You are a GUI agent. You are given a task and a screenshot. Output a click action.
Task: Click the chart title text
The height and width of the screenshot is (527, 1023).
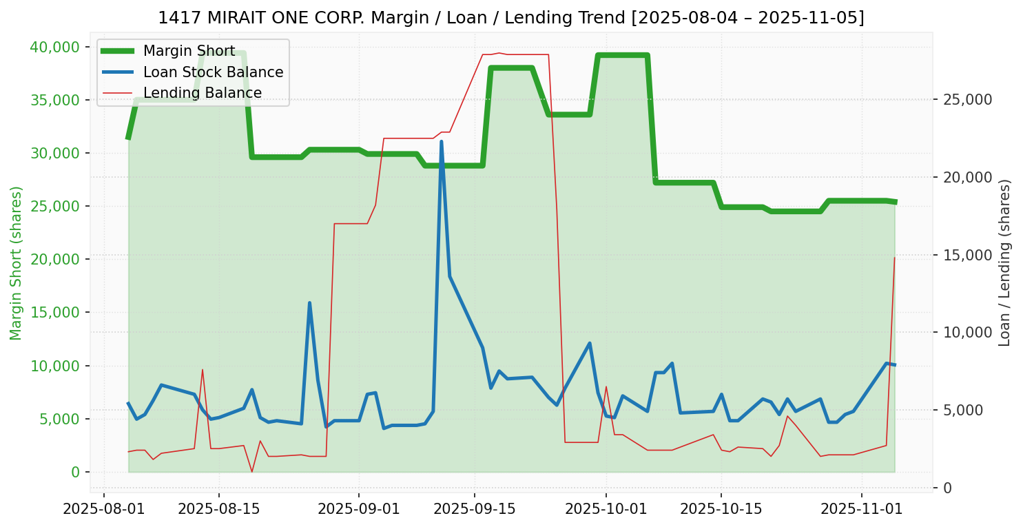point(511,17)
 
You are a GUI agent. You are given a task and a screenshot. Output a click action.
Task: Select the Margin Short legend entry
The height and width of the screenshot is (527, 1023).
point(189,52)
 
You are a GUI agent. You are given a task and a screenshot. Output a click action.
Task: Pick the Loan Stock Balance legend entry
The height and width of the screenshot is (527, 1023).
point(213,72)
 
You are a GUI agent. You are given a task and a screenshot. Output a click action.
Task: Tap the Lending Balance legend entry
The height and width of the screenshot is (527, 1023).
point(202,93)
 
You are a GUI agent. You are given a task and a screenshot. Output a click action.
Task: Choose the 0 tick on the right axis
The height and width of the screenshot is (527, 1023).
point(947,488)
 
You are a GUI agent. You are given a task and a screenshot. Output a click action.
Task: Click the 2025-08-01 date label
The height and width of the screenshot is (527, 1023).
point(104,510)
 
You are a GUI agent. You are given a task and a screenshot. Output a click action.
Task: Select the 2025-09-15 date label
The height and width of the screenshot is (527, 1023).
point(474,510)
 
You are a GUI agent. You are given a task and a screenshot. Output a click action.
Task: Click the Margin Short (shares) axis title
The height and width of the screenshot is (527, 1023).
point(16,263)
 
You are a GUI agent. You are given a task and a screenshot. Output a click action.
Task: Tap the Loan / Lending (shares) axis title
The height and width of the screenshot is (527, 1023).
point(1004,263)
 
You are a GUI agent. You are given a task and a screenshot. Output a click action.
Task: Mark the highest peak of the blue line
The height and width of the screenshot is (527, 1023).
point(442,141)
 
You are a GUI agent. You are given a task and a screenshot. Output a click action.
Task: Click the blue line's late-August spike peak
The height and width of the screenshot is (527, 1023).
point(309,302)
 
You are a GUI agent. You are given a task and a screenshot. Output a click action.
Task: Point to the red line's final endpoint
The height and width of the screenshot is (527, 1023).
point(894,258)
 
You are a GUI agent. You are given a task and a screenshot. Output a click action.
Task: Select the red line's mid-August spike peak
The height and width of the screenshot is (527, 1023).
point(203,369)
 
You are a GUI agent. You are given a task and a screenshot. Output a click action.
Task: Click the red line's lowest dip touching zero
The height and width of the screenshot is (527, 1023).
point(252,472)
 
